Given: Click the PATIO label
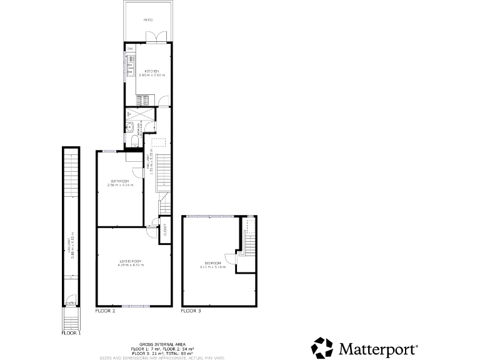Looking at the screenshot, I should (148, 20).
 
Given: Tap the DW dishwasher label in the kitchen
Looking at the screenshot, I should (130, 49).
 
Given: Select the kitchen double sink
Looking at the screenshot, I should (131, 62).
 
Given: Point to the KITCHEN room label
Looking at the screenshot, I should (152, 71).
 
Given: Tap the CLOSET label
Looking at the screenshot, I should (166, 229).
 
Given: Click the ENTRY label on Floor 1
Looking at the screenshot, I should (71, 304).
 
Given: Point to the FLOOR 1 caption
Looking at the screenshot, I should (71, 333).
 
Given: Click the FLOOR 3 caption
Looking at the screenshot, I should (191, 311).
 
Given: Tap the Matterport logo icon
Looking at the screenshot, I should (322, 347).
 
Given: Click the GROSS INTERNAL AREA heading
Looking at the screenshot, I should (162, 344).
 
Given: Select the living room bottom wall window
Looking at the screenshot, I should (134, 306).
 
